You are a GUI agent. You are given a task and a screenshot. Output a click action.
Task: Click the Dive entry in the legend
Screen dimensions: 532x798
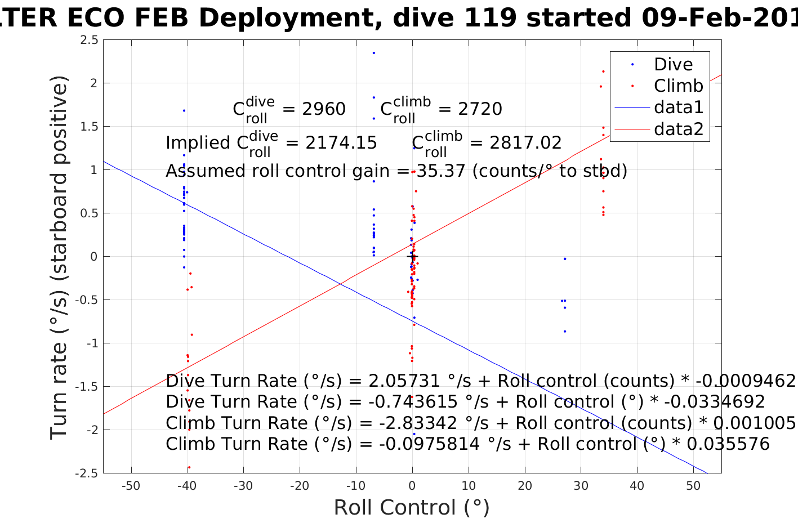tap(673, 65)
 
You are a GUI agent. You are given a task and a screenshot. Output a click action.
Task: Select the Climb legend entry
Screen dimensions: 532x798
tap(678, 86)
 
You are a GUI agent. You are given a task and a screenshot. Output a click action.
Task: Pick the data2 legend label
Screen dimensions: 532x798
tap(679, 129)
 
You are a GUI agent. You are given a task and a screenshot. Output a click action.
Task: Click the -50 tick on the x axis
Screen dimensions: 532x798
tap(131, 486)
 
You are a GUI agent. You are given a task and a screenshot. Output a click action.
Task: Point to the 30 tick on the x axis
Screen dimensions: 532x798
tap(581, 486)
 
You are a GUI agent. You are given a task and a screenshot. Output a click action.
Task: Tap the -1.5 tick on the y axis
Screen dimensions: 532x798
tap(87, 387)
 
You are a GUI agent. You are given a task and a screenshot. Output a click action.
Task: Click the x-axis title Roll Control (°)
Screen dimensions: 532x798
tap(412, 508)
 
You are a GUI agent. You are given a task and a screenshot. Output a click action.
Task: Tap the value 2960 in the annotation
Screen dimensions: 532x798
tap(324, 109)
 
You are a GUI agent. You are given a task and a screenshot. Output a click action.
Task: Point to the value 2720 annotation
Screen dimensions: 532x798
tap(480, 109)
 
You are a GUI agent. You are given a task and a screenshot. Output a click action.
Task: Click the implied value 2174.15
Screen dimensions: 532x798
tap(341, 143)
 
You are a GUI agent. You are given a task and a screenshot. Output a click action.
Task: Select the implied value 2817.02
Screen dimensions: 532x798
tap(525, 143)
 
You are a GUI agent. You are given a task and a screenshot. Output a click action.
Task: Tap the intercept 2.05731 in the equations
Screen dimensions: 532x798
tap(404, 381)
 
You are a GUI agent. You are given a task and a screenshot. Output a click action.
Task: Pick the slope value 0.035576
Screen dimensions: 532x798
tap(728, 444)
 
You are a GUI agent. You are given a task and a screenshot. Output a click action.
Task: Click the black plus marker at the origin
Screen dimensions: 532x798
tap(412, 257)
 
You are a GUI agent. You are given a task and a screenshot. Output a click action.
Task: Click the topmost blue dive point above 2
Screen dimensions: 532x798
tap(373, 53)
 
